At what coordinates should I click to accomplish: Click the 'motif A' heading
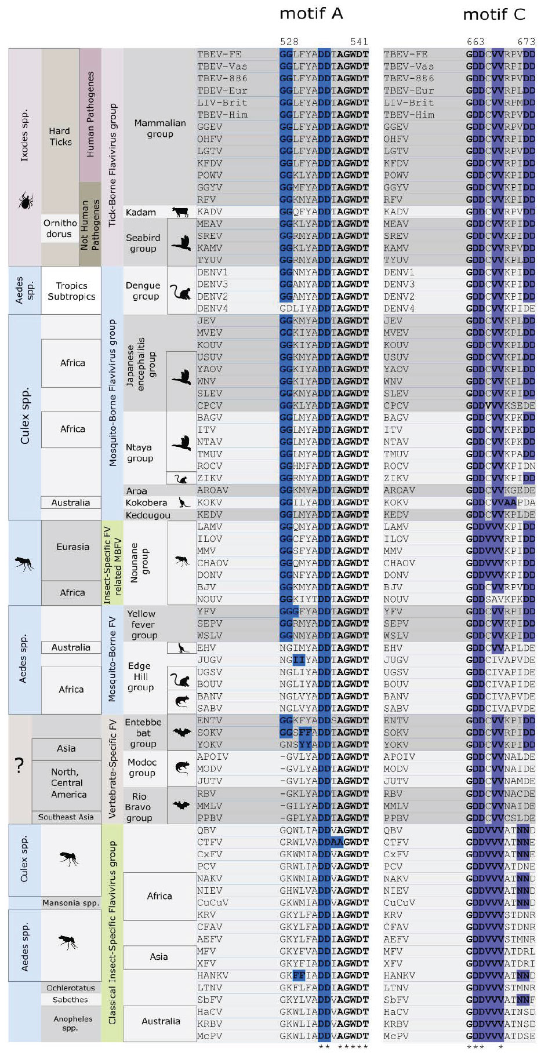[x=311, y=14]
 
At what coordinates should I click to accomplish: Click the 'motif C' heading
[x=494, y=15]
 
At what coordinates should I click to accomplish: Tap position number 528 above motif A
[x=289, y=42]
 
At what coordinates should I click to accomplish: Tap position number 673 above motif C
[x=526, y=42]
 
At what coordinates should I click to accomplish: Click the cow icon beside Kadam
[x=180, y=212]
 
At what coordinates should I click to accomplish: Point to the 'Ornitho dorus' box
[x=60, y=228]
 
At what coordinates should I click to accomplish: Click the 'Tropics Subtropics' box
[x=71, y=291]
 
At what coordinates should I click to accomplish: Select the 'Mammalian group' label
[x=159, y=128]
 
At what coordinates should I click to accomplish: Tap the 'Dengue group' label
[x=143, y=291]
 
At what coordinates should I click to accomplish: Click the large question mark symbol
[x=20, y=765]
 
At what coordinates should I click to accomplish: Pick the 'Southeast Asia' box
[x=66, y=817]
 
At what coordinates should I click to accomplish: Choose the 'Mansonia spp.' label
[x=71, y=902]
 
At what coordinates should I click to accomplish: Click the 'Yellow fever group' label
[x=142, y=624]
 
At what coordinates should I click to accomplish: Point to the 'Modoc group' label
[x=142, y=767]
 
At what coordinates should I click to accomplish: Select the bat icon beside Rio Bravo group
[x=181, y=805]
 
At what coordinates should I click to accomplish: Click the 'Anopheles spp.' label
[x=72, y=1023]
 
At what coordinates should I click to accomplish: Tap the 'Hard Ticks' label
[x=60, y=136]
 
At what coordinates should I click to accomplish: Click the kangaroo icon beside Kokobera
[x=184, y=502]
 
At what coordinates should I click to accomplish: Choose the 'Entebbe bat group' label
[x=143, y=733]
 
